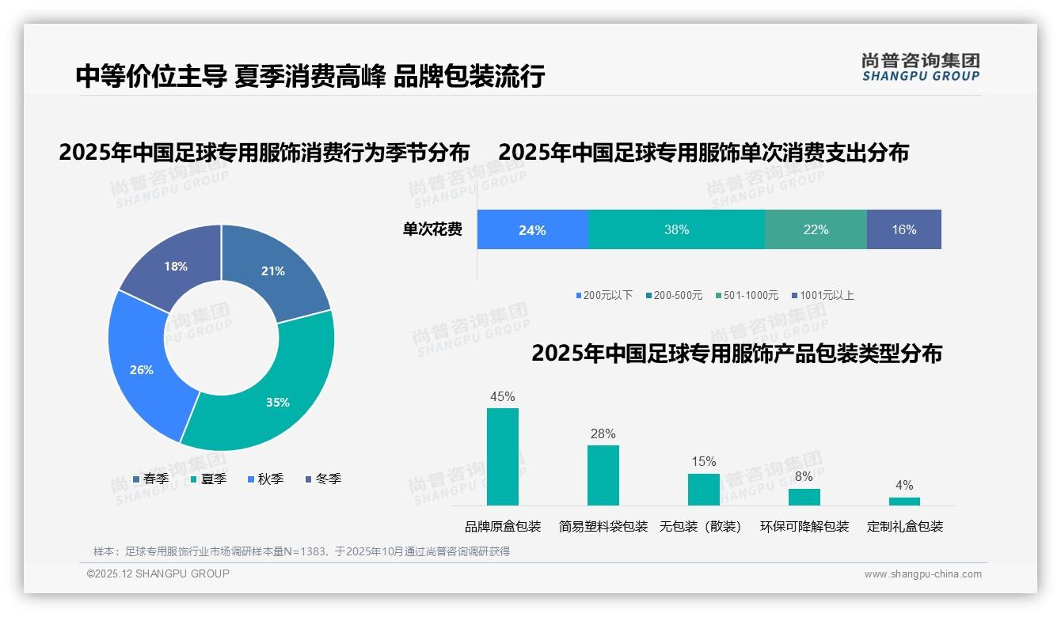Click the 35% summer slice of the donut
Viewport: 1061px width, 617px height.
coord(277,402)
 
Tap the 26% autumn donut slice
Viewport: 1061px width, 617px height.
coord(142,369)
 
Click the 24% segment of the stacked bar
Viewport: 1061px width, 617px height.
coord(532,230)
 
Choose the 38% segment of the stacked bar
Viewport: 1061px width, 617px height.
coord(676,230)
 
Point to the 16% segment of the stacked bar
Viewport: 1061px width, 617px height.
coord(903,230)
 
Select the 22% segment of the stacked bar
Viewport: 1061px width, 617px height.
coord(816,230)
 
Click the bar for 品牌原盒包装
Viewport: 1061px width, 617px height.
coord(503,456)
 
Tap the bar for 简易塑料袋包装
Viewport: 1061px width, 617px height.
coord(603,475)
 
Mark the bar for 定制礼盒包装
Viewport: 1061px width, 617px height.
coord(904,501)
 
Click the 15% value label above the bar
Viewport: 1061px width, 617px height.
coord(703,461)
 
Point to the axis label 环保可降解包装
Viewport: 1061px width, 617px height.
coord(804,527)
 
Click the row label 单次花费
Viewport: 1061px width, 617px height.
coord(432,230)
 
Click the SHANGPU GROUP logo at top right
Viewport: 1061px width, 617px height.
coord(920,66)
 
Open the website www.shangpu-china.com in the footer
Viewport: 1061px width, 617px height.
coord(922,574)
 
